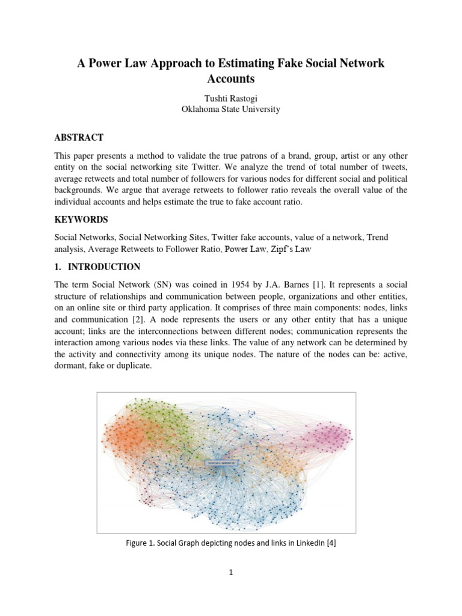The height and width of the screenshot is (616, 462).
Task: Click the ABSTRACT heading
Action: [x=79, y=138]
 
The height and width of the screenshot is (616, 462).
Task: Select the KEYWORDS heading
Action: [x=81, y=220]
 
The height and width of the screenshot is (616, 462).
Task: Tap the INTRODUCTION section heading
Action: [x=105, y=266]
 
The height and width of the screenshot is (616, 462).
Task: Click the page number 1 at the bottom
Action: [x=230, y=573]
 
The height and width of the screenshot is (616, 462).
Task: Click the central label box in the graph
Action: [x=222, y=463]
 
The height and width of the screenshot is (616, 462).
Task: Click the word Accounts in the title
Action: [x=230, y=79]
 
